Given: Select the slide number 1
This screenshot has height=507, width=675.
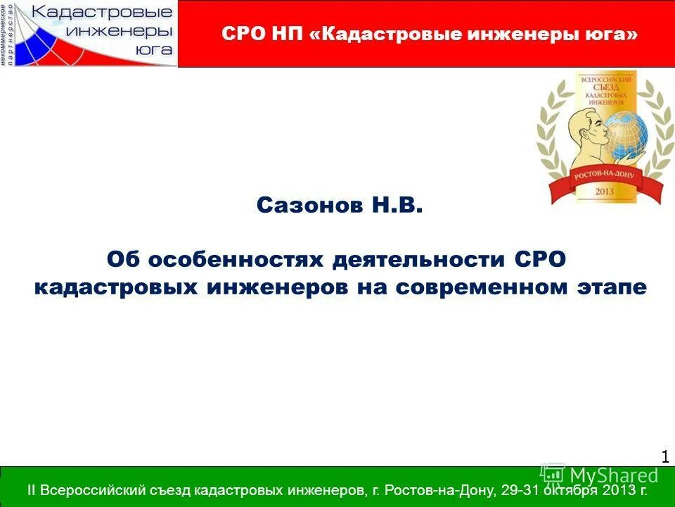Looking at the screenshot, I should (664, 457).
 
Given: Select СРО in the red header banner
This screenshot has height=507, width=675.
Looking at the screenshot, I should (242, 34).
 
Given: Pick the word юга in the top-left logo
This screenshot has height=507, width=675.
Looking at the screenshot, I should (151, 49).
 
